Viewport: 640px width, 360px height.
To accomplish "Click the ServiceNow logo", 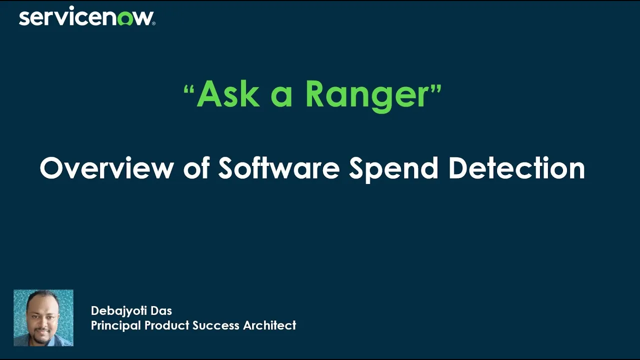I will pos(86,17).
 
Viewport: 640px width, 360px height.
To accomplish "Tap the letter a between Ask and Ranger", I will pos(281,96).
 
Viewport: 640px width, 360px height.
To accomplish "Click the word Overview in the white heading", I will pos(106,168).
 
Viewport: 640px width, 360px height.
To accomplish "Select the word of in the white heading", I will pos(195,168).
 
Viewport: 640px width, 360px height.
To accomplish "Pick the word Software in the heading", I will pos(278,168).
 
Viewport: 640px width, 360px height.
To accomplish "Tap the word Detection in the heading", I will pos(516,168).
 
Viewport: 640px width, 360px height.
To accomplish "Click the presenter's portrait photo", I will pos(43,317).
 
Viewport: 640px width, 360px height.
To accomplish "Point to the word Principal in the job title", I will pos(116,325).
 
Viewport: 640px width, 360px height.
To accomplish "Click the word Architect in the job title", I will pos(269,325).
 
